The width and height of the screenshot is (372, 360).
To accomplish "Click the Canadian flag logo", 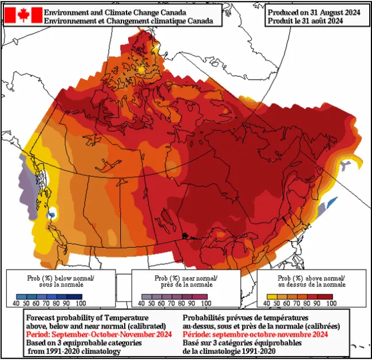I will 23,15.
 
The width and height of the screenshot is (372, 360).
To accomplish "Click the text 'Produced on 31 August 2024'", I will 314,11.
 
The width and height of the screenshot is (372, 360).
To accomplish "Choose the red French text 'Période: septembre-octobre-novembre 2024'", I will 255,334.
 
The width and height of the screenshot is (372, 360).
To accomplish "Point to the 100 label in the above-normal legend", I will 332,303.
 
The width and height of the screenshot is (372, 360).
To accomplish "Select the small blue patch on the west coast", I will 53,214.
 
